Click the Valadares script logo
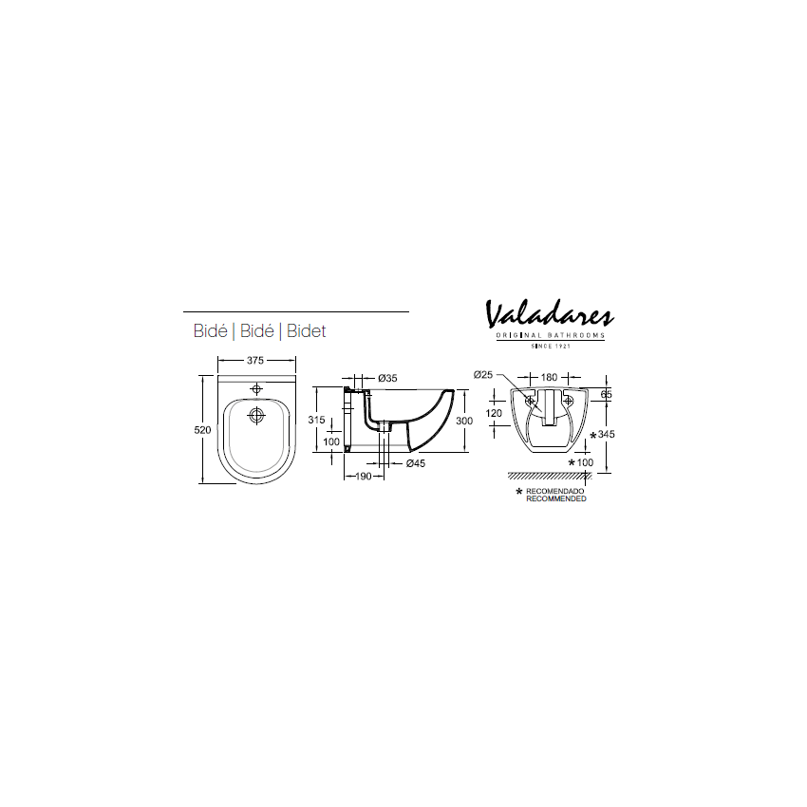(550, 314)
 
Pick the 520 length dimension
(200, 430)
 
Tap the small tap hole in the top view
(256, 388)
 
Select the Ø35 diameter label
(387, 378)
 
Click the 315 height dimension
(317, 420)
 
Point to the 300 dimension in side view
(463, 420)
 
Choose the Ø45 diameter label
(415, 463)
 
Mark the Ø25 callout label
(483, 375)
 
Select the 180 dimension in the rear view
(550, 377)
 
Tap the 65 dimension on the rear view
(606, 393)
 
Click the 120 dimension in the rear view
(494, 413)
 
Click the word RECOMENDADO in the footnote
(555, 491)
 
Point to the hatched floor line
(550, 475)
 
